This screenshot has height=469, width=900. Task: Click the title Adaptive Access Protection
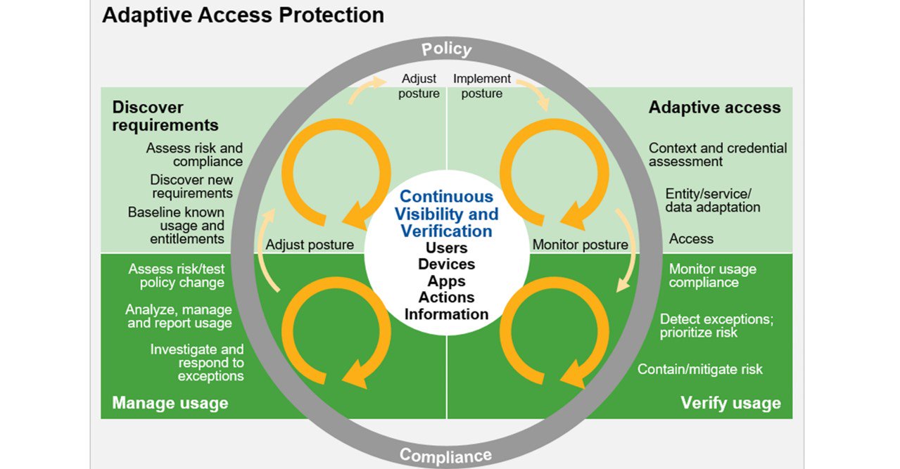[243, 15]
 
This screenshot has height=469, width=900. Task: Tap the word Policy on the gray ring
[446, 49]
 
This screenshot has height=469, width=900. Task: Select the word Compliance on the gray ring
[445, 455]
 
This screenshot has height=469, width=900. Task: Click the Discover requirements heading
[165, 116]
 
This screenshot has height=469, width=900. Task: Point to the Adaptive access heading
[714, 108]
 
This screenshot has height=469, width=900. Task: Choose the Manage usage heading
[170, 403]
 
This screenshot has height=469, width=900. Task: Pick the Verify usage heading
[730, 403]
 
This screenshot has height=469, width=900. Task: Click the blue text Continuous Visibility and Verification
[446, 214]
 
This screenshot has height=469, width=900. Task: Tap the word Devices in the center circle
[446, 264]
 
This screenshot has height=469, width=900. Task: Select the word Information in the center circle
[446, 314]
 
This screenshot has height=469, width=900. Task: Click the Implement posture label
[482, 86]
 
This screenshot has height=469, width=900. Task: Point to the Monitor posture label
[580, 245]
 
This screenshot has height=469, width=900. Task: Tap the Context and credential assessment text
[718, 155]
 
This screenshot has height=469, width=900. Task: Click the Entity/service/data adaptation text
[712, 200]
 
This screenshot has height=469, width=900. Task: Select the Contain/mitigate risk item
[699, 369]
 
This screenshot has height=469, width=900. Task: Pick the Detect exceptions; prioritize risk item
[716, 326]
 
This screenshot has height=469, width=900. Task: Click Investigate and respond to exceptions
[197, 362]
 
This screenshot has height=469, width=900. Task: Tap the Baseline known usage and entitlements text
[176, 225]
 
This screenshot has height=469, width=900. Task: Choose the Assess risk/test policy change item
[177, 276]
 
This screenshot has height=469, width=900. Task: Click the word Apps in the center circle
[446, 281]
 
